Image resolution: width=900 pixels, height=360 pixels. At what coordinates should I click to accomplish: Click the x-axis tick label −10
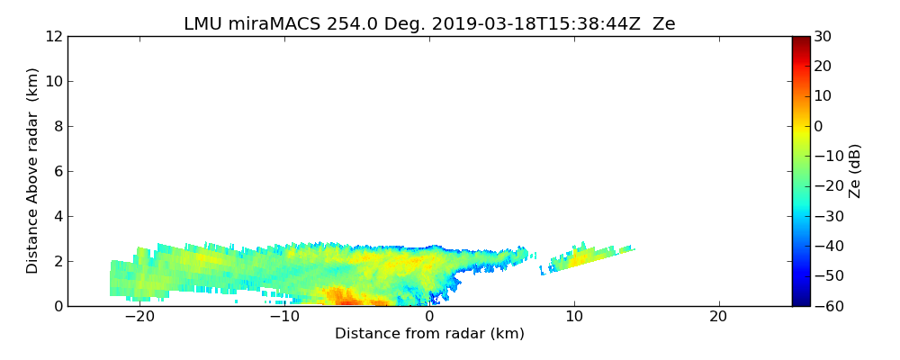[283, 317]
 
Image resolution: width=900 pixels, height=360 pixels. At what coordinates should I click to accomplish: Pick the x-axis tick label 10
[574, 317]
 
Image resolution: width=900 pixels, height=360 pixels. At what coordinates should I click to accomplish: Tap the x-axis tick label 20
[718, 317]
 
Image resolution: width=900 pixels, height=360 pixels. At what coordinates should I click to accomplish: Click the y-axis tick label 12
[53, 36]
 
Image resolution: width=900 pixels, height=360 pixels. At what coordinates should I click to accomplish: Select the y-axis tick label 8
[57, 126]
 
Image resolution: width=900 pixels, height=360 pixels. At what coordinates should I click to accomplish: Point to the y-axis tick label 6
[57, 171]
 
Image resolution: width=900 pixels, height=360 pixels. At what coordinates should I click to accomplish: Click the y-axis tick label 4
[57, 216]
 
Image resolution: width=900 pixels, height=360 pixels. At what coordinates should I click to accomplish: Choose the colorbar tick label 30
[823, 36]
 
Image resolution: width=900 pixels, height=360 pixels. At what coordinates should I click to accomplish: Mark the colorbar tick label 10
[823, 96]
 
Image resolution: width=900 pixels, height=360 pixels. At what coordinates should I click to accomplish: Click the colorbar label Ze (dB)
[854, 171]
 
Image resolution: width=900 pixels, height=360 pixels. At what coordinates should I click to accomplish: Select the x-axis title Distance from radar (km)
[429, 334]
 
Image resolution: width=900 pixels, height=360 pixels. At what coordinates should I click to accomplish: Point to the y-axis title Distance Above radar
[33, 171]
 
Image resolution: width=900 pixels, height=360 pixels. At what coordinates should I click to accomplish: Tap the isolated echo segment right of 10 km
[589, 256]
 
